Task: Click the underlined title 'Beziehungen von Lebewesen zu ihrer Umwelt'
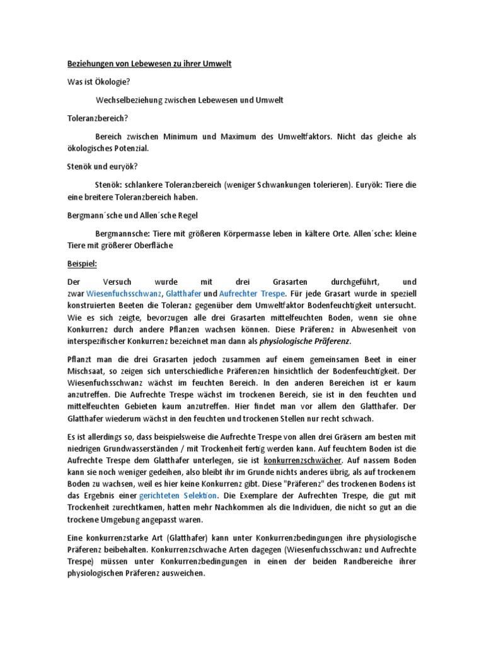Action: coord(150,65)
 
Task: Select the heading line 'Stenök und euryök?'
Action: coord(102,166)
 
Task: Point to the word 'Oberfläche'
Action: coord(152,245)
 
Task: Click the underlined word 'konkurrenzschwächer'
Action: coord(302,461)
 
